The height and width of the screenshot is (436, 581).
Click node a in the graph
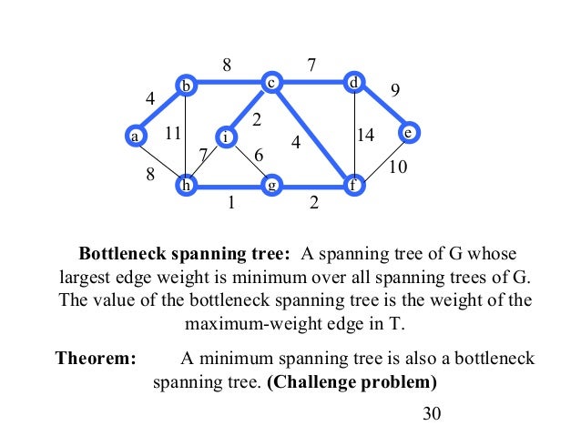point(135,136)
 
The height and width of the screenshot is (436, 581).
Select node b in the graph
point(186,86)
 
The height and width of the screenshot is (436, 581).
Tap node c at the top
point(270,83)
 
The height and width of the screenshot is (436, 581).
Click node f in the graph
point(353,186)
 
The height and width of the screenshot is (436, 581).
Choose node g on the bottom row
point(270,186)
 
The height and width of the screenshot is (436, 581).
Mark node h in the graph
point(186,186)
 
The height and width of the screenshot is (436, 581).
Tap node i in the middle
point(226,137)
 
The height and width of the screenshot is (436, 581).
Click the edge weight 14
point(366,136)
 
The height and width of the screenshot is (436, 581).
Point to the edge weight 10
point(398,167)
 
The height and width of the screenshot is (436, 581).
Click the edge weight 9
point(394,89)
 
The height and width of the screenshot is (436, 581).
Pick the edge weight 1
point(231,204)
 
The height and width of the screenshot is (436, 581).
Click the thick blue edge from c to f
point(313,136)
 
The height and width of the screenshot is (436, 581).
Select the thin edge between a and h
point(160,161)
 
